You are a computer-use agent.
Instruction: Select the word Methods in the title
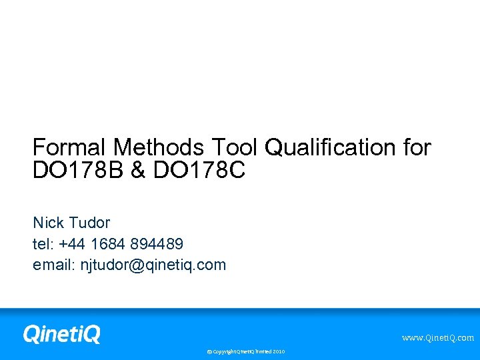(x=159, y=147)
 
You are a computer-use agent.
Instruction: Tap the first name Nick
(x=49, y=223)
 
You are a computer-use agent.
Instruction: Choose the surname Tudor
(x=90, y=223)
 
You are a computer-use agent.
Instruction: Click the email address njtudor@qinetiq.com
(x=153, y=265)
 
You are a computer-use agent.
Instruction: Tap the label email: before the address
(x=54, y=265)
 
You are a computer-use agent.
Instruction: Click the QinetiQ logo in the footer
(x=61, y=333)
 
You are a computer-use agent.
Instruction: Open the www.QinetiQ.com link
(x=437, y=338)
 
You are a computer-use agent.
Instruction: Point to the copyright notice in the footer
(x=245, y=351)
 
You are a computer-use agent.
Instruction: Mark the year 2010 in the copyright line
(x=278, y=351)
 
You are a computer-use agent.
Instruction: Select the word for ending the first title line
(x=417, y=147)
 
